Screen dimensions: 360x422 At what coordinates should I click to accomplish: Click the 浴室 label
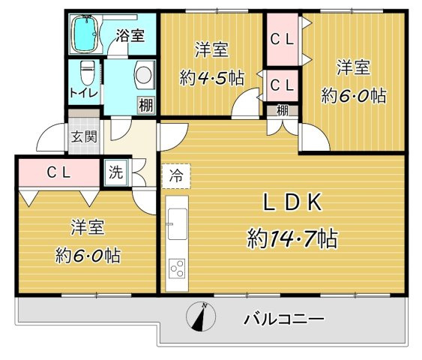130,34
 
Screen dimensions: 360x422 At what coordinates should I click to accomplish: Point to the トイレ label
82,93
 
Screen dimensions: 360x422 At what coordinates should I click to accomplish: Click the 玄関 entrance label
83,136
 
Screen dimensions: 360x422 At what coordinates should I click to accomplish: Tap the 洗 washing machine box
116,172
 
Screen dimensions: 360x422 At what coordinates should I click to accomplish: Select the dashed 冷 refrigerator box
175,177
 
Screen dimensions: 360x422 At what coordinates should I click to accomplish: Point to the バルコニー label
284,319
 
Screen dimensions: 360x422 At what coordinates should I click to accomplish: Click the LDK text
292,202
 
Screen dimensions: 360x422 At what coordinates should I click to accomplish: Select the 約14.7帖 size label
292,238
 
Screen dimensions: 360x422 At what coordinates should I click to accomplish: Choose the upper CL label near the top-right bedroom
283,37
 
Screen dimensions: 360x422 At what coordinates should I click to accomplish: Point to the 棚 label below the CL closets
282,110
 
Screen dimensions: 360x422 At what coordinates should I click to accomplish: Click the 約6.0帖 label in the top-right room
353,95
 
